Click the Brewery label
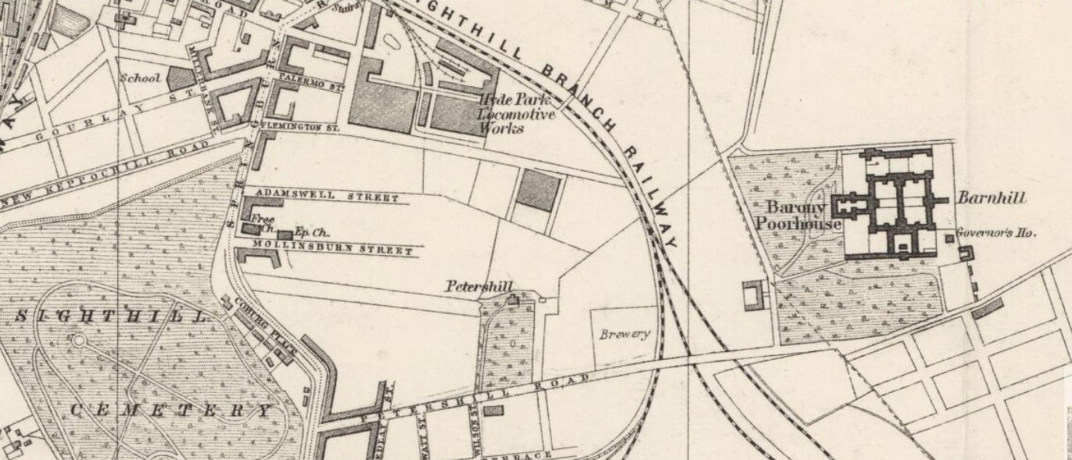[625, 334]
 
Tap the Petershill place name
[479, 287]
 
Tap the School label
[140, 78]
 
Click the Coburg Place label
[260, 323]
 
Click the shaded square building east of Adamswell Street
[538, 191]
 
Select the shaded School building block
[180, 77]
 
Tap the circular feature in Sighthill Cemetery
[78, 340]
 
